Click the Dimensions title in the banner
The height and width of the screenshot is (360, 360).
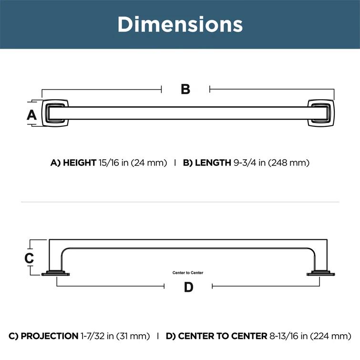tap(180, 24)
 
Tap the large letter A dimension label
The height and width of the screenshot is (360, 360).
tap(31, 114)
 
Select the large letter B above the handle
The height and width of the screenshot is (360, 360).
tap(185, 89)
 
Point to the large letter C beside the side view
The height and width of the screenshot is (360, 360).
tap(29, 258)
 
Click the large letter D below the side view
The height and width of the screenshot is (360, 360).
tap(188, 287)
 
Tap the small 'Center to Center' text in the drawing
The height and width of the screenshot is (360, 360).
tap(188, 273)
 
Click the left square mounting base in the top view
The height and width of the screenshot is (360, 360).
tap(56, 113)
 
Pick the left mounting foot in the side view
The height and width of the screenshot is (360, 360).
tap(57, 274)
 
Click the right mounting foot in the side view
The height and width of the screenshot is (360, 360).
tap(319, 274)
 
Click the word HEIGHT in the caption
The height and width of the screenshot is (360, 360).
tap(80, 163)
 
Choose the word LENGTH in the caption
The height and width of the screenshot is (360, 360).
tap(213, 163)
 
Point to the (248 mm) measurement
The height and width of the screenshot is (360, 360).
tap(288, 163)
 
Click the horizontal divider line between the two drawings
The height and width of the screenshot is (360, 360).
tap(180, 202)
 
